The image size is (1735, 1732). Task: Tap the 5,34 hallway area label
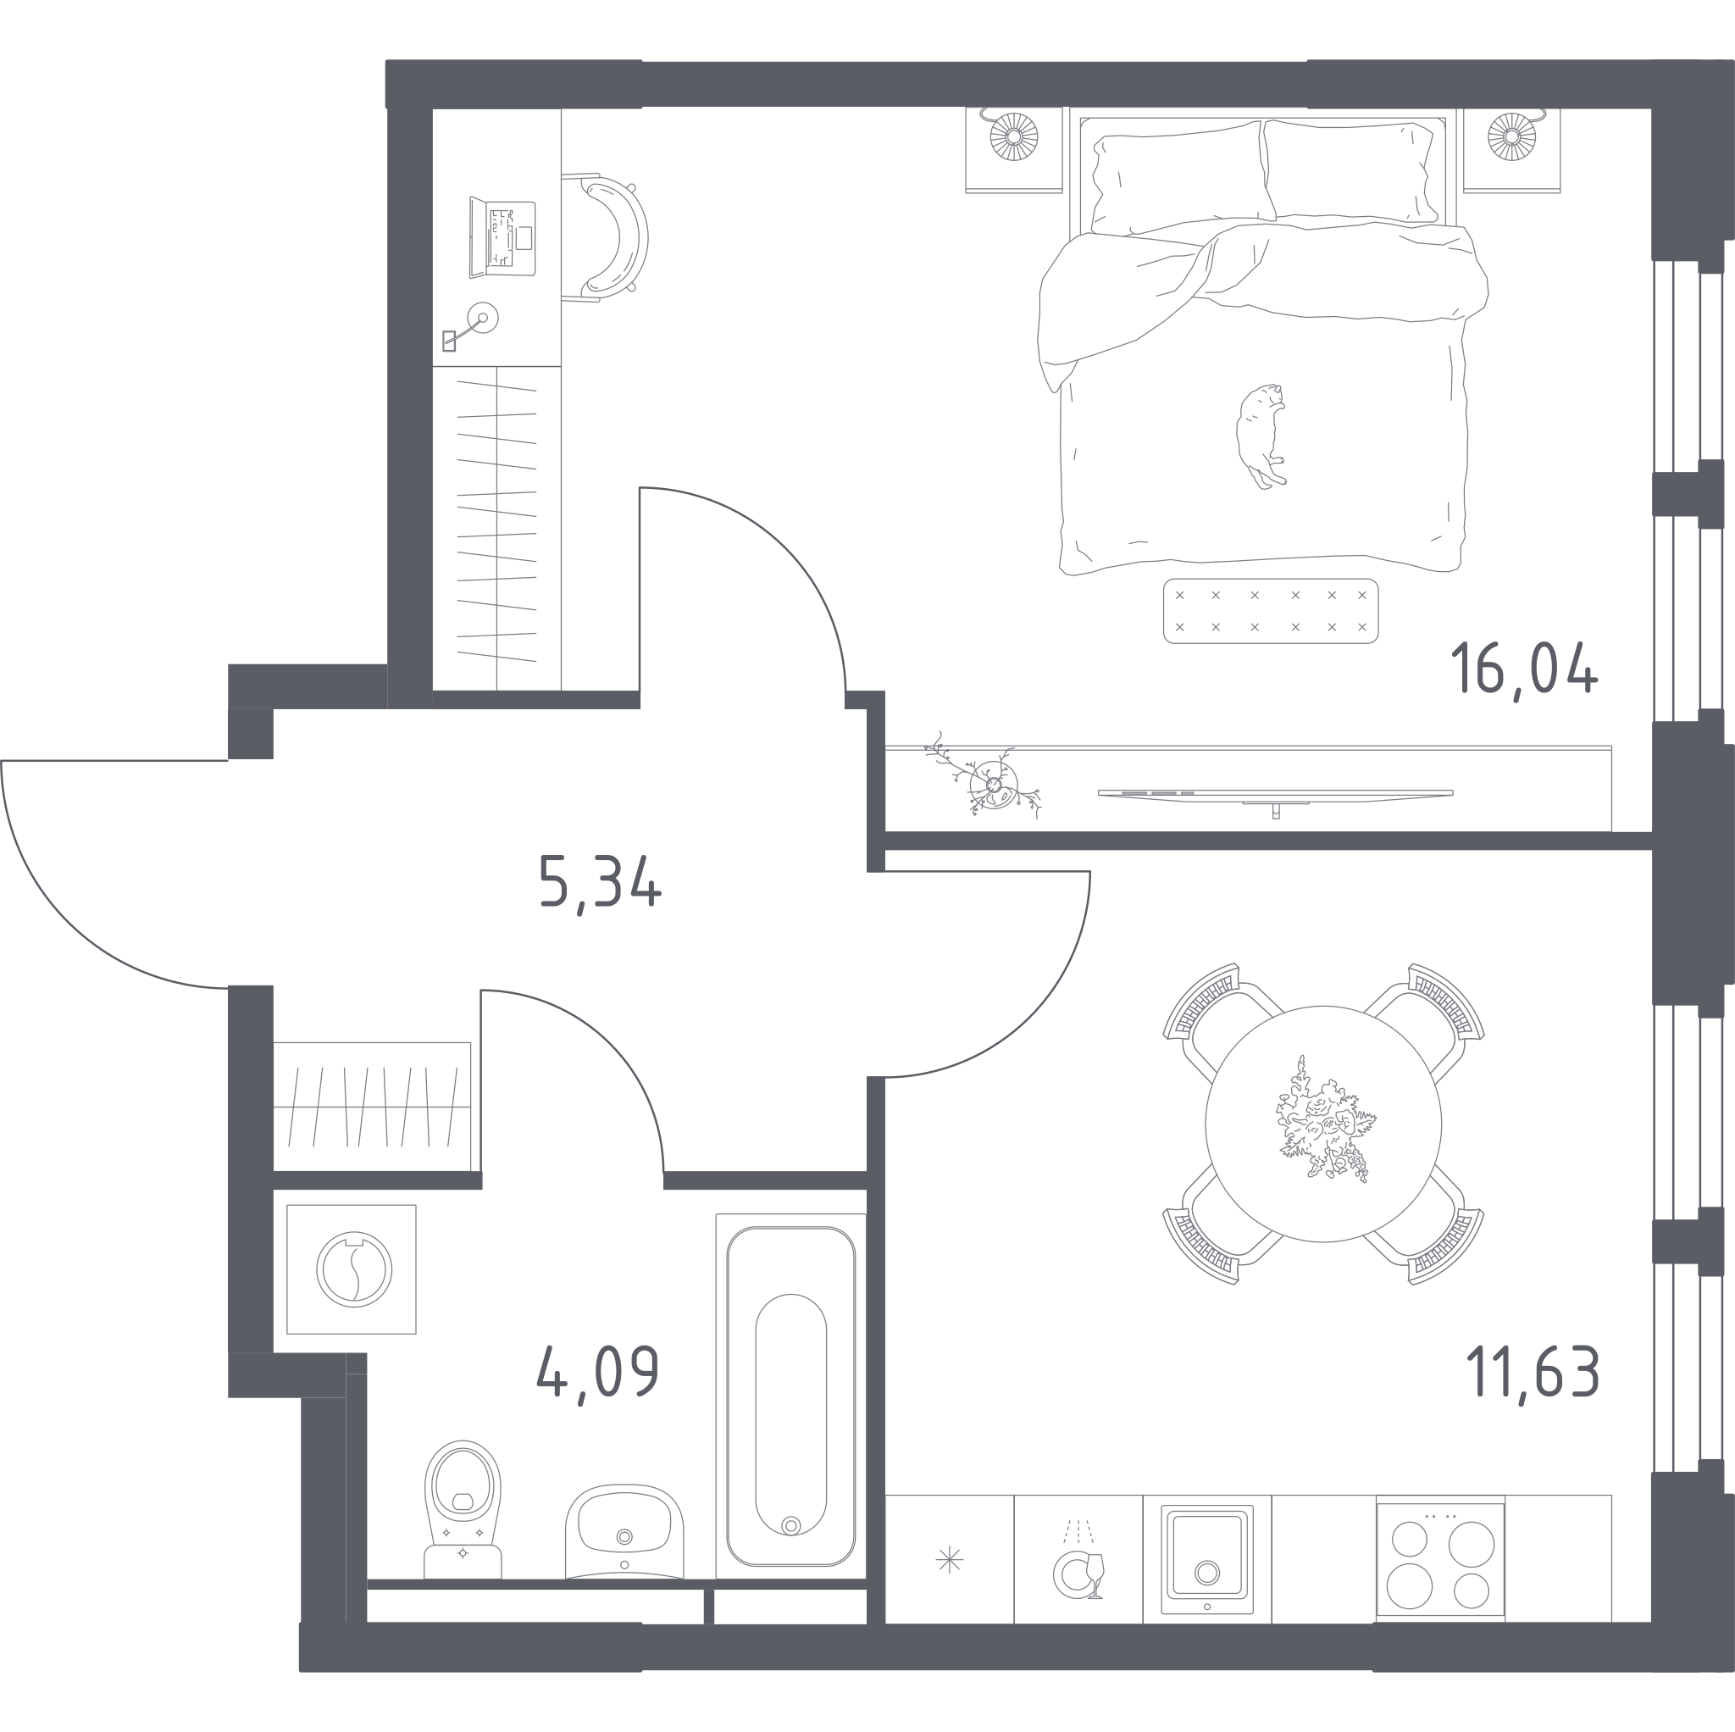click(600, 883)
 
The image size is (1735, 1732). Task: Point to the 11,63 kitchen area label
click(1533, 1371)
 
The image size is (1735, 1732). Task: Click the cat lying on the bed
click(1261, 436)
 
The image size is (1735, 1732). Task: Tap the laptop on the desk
click(502, 238)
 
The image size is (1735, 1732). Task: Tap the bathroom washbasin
click(624, 1532)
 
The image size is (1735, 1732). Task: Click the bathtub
click(790, 1396)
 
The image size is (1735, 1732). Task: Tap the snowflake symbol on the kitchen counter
click(949, 1559)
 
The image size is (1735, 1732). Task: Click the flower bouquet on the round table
click(1324, 1121)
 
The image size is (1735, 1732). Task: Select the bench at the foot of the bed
click(1270, 611)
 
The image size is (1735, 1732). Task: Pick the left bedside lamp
click(1014, 136)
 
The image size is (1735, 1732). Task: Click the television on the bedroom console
click(1275, 796)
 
